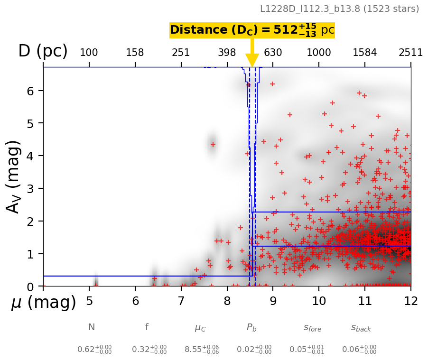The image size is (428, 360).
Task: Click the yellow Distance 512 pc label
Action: (x=252, y=30)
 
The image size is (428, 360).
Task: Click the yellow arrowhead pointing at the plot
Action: (x=252, y=60)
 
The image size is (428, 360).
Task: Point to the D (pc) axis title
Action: (x=43, y=51)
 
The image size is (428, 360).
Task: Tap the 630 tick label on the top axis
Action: (x=273, y=53)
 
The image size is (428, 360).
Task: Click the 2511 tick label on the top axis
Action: (x=410, y=53)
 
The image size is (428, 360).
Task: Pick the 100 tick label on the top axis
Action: (x=89, y=53)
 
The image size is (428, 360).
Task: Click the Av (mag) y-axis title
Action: (x=14, y=176)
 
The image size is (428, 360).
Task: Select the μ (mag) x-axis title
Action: (x=44, y=303)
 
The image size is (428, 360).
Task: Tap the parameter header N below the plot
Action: (x=92, y=327)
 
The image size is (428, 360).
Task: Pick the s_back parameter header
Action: (x=361, y=328)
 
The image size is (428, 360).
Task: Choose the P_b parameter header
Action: (x=252, y=327)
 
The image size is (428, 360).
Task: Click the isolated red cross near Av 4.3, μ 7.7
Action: (x=213, y=145)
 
